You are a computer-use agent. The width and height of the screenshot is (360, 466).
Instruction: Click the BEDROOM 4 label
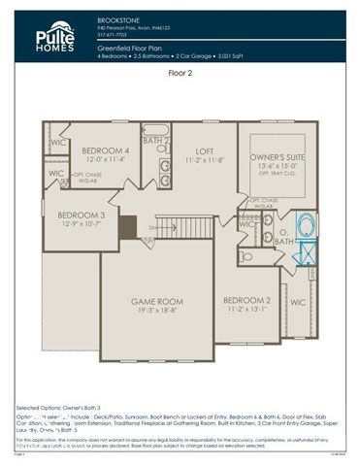point(105,150)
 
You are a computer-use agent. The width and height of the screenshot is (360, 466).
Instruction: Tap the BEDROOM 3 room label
point(81,215)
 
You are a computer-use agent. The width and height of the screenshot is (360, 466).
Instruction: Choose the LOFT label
point(203,150)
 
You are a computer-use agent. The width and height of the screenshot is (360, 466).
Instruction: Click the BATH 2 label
point(156,141)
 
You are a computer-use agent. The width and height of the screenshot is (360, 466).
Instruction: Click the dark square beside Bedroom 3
point(127,227)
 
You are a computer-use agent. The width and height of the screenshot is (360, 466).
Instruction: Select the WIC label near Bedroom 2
point(297,303)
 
